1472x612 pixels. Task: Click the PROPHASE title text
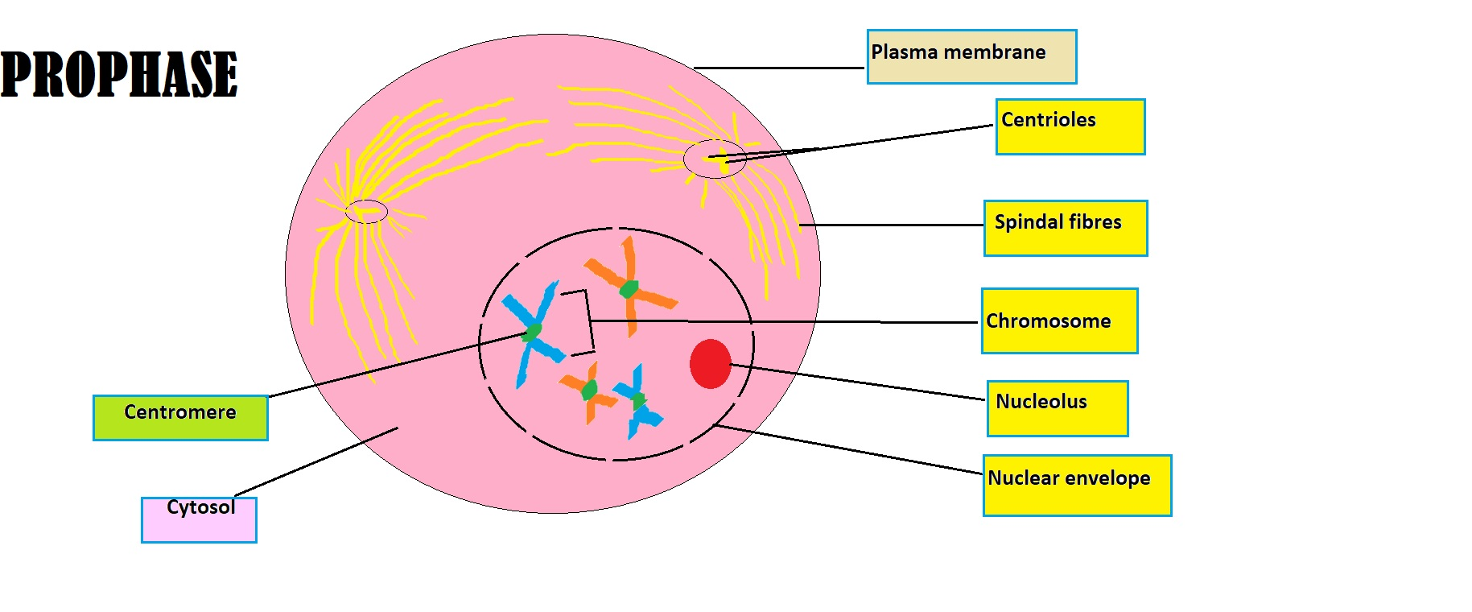(119, 74)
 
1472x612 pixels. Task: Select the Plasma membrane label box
(971, 57)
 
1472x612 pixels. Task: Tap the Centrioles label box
(1070, 127)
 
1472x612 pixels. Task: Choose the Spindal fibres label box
(1065, 229)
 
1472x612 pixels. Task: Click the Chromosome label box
(1059, 321)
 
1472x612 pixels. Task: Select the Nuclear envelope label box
(1076, 486)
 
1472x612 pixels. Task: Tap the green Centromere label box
(180, 418)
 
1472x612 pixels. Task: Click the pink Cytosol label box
(199, 519)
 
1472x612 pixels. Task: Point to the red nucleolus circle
(710, 364)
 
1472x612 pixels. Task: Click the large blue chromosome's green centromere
(532, 332)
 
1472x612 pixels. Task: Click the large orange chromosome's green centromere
(629, 288)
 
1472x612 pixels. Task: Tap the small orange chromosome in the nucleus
(590, 391)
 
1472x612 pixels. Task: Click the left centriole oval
(366, 212)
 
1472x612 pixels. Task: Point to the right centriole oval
(715, 159)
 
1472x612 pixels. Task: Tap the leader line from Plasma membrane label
(779, 68)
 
